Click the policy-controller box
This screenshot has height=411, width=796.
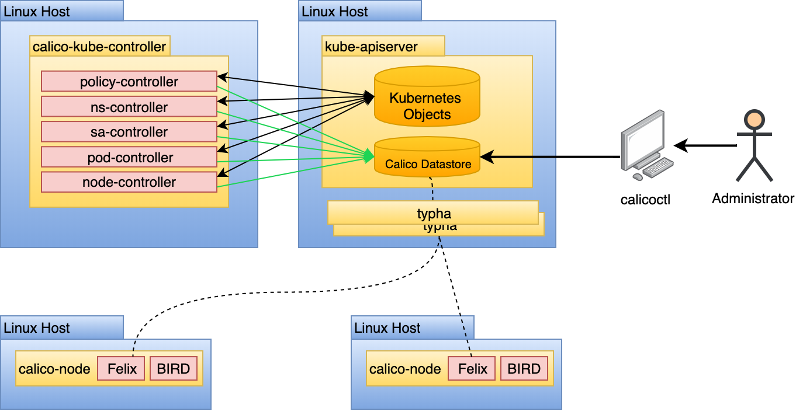129,82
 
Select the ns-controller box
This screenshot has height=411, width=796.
129,107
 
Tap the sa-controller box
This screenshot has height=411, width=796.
129,132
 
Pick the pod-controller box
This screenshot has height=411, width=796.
129,157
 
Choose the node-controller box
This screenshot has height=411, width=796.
129,182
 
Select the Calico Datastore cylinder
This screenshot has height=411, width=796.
427,158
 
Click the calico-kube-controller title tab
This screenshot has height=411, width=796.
99,47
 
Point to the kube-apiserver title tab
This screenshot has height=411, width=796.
383,47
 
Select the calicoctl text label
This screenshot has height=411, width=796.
645,200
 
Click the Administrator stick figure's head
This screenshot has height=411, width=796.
754,120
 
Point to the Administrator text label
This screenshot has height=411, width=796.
753,198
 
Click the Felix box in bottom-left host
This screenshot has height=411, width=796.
121,369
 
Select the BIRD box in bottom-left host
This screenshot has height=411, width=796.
174,369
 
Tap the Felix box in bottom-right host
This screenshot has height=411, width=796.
472,369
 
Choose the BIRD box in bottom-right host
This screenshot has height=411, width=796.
524,369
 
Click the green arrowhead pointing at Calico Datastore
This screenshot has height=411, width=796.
369,156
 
